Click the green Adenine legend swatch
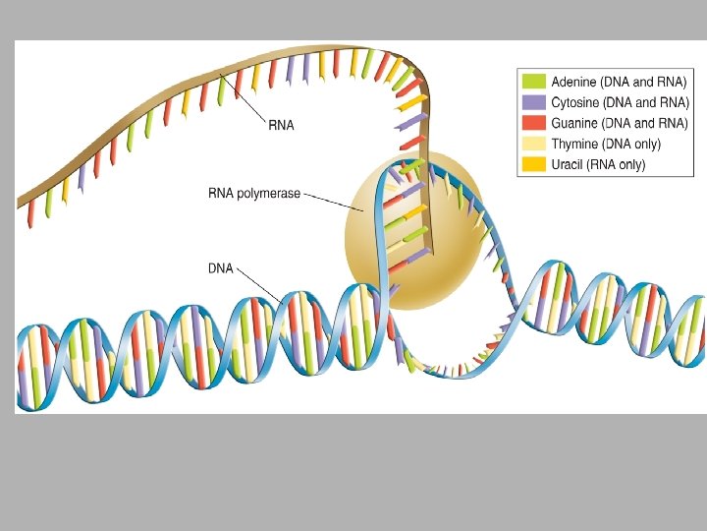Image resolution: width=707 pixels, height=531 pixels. tap(534, 82)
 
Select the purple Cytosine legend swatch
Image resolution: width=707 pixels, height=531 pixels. tap(534, 102)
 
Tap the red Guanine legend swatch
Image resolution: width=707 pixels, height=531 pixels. tap(534, 123)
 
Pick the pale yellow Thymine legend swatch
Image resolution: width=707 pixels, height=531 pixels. tap(534, 144)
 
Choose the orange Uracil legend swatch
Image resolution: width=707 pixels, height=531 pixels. tap(534, 164)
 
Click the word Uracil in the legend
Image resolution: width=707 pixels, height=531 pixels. tap(569, 164)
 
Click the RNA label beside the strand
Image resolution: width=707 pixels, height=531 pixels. tap(281, 125)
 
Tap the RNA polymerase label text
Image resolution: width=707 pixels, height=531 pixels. tap(254, 194)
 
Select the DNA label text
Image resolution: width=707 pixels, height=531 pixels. tap(220, 267)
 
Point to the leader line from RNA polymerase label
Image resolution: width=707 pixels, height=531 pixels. tap(334, 202)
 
